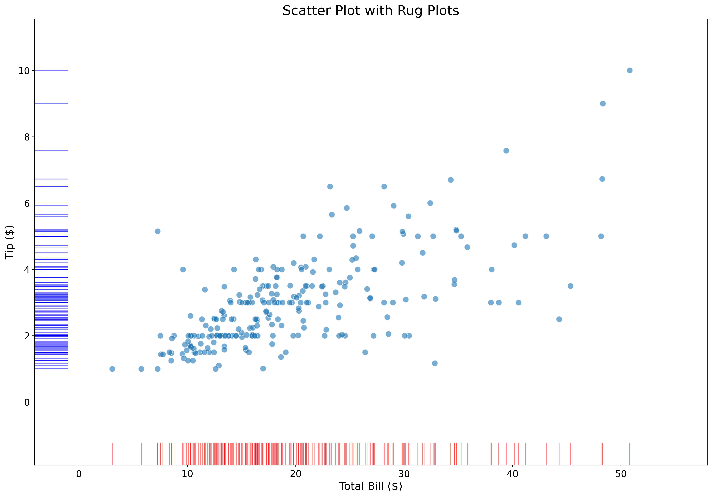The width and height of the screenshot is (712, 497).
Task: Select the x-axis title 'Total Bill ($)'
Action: [x=371, y=486]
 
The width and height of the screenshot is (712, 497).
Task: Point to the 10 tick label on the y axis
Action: [x=24, y=71]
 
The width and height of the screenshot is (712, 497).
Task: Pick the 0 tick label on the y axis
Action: [x=27, y=402]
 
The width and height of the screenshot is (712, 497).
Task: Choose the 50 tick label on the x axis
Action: [x=620, y=474]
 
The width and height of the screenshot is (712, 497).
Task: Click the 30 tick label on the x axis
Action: [x=404, y=474]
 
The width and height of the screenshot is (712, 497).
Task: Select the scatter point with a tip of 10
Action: [x=630, y=70]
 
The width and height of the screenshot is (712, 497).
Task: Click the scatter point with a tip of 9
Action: [x=603, y=104]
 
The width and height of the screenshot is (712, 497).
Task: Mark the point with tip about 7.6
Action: [x=506, y=151]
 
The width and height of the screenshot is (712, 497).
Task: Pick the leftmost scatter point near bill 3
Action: [x=112, y=369]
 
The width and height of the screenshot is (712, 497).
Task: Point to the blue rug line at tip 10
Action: [x=51, y=70]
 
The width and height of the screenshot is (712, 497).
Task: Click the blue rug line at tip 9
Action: [x=51, y=104]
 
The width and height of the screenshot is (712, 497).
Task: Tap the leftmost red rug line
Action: [x=112, y=454]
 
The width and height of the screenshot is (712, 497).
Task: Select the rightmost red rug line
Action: [x=630, y=454]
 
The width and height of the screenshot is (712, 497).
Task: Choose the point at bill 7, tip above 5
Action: [x=158, y=231]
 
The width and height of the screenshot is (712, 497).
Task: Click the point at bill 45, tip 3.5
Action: [x=570, y=286]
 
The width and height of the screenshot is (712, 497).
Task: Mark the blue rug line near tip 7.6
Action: [x=51, y=151]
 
